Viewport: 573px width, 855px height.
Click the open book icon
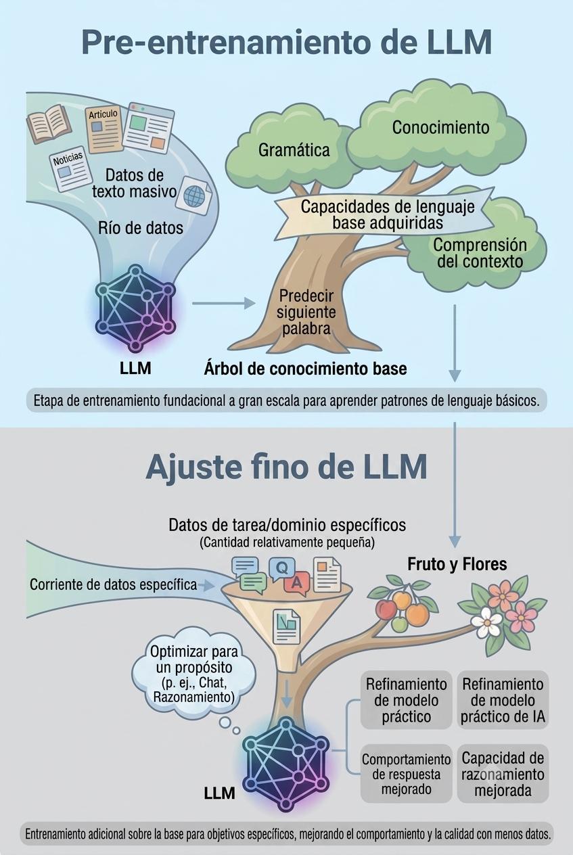(49, 123)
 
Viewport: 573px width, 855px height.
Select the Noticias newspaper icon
(71, 168)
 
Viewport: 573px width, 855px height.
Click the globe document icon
(195, 195)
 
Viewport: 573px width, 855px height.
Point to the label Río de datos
(141, 228)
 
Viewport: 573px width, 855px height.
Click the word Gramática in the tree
(294, 150)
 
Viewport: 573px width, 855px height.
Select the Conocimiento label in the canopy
(440, 127)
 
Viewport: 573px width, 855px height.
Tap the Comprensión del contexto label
(480, 253)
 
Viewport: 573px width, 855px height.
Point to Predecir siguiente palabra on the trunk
(306, 313)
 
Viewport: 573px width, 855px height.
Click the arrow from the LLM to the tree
(223, 304)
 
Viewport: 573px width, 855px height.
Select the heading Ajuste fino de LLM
(286, 467)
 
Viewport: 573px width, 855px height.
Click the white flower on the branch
(486, 621)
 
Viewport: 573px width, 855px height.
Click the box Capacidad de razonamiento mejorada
(503, 773)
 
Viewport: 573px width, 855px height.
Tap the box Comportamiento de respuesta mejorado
(406, 773)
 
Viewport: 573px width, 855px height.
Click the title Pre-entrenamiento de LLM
(286, 43)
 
